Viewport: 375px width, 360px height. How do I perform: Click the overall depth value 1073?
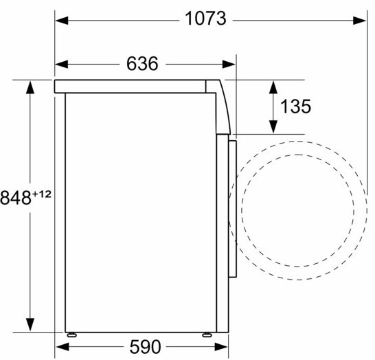click(205, 20)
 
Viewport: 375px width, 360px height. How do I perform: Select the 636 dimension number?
click(143, 64)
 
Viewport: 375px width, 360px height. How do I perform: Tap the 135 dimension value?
click(296, 106)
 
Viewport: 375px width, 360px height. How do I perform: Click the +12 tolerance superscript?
click(43, 194)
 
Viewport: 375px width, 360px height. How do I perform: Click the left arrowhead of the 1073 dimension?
click(60, 21)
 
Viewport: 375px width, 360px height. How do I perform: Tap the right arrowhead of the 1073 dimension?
click(362, 21)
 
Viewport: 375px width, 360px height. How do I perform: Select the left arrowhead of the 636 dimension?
click(60, 64)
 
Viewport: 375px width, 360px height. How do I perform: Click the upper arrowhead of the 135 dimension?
click(273, 85)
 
